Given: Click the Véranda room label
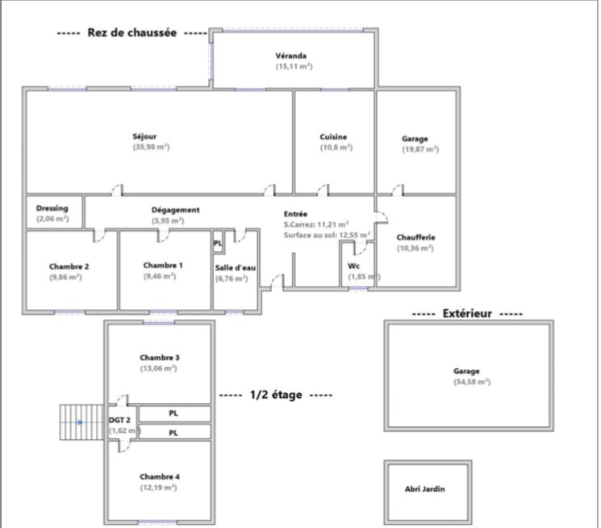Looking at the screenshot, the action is point(291,56).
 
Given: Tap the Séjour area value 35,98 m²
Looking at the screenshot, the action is point(152,147).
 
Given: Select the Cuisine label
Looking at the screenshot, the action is point(333,136).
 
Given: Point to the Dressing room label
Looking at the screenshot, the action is point(52,208).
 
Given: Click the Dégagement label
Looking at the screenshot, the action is point(176,210).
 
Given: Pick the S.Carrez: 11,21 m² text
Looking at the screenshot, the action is point(316,224).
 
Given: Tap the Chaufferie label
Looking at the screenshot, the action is point(416,237).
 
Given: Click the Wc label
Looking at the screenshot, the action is point(353,266).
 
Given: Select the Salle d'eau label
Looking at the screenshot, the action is point(236,268).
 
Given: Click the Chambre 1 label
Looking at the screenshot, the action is point(163,265).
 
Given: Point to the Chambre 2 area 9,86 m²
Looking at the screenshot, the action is point(65,277).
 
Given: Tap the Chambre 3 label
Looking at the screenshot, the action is point(160,358).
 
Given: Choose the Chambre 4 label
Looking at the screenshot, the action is point(160,476).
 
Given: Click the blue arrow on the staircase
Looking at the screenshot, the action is point(80,422).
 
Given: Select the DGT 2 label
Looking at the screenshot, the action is point(119,420).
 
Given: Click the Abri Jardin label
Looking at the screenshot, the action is point(425,489).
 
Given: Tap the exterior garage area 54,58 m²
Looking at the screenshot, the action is point(472,382).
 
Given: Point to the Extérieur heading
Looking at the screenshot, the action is point(467,313).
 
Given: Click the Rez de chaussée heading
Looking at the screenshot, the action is point(132,32).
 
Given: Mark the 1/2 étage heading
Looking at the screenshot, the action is point(276,395).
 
